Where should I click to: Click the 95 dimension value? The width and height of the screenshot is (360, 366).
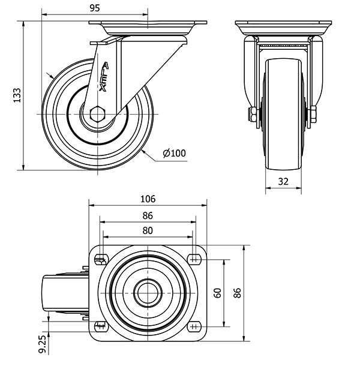(x=95, y=8)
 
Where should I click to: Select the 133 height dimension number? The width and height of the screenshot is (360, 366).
(x=17, y=95)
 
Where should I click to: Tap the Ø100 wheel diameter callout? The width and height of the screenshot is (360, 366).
(x=175, y=154)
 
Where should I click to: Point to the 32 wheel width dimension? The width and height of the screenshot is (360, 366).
(x=283, y=181)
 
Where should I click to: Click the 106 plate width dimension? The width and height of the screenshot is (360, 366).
(x=148, y=199)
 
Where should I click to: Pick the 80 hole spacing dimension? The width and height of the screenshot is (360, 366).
(x=148, y=230)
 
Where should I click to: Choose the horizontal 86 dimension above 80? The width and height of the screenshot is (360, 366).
(x=148, y=215)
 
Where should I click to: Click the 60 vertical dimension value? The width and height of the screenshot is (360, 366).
(x=217, y=293)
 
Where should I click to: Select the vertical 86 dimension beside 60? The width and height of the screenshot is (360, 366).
(x=237, y=293)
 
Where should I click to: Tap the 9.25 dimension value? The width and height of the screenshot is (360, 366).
(x=42, y=344)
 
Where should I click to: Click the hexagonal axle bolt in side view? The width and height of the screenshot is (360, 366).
(x=98, y=114)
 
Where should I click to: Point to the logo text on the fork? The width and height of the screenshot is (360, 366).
(x=103, y=77)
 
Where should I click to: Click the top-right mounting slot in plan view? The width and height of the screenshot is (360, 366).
(x=194, y=259)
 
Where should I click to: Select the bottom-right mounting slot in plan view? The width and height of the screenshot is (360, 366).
(x=194, y=326)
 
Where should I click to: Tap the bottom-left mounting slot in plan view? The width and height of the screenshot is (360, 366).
(x=101, y=326)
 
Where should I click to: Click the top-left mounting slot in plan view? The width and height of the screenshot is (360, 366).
(x=101, y=259)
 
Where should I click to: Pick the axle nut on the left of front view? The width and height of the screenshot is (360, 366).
(x=253, y=115)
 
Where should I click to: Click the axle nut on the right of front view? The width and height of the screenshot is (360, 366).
(x=313, y=115)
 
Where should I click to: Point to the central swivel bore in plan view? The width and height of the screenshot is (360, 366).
(x=148, y=293)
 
